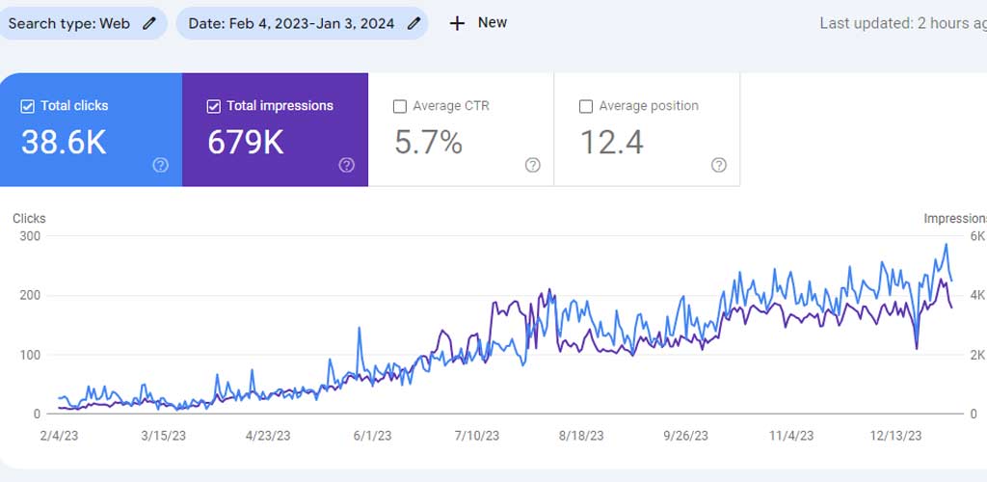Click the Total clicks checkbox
pos(28,106)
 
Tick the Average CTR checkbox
pos(400,106)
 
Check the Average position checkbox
pos(586,106)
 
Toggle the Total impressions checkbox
pos(213,106)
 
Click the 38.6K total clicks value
pos(64,143)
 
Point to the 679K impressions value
pos(246,143)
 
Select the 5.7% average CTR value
pos(429,143)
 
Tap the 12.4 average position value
pos(612,143)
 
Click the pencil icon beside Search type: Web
pos(148,24)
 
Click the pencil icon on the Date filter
pos(413,24)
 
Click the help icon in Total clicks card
pos(161,165)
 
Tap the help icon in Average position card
pos(719,165)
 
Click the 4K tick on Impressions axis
pos(977,295)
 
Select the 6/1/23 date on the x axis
pos(373,436)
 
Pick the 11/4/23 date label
pos(792,436)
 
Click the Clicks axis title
pos(29,219)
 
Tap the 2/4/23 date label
pos(59,436)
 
